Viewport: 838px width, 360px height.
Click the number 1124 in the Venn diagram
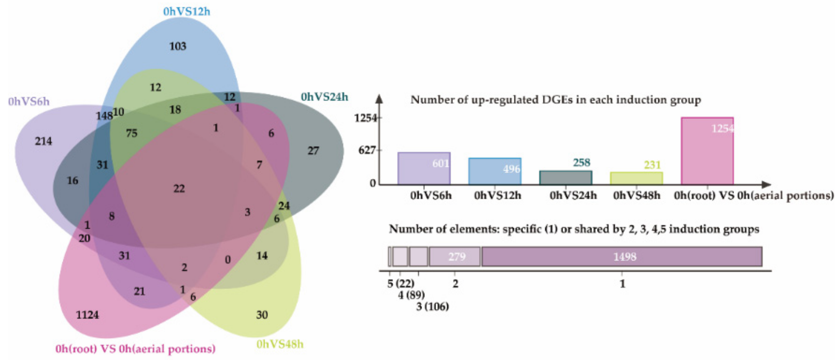[87, 315]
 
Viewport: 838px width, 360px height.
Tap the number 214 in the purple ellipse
[43, 141]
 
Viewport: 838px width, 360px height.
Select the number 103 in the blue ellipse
[177, 46]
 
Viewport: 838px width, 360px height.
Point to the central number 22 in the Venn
[179, 189]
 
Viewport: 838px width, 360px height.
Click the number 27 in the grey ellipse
[313, 151]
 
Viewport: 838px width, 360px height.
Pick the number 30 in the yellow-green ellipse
[262, 315]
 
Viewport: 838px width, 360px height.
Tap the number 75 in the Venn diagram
[132, 133]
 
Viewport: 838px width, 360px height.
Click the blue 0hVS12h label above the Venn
[186, 11]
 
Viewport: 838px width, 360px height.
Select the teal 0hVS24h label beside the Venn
[324, 97]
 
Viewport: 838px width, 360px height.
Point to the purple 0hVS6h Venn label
[29, 102]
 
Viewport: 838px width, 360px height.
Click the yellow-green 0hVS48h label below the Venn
[280, 344]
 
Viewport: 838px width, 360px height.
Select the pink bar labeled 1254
[707, 151]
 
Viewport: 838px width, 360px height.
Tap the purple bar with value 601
[424, 168]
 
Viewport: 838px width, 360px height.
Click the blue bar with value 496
[495, 171]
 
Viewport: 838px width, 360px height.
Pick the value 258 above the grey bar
[581, 163]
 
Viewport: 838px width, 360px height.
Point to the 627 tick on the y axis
[367, 150]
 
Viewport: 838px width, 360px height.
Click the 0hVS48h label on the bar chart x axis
[636, 196]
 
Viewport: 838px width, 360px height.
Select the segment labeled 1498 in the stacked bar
[622, 257]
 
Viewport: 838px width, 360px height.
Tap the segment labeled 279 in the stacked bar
[455, 257]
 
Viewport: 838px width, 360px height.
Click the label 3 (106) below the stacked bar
[432, 306]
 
